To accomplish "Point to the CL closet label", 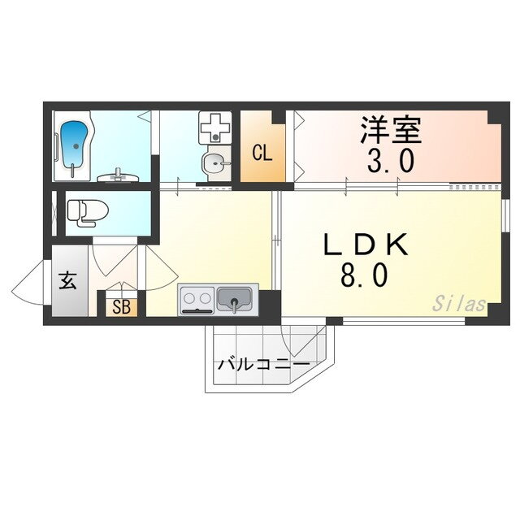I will [x=261, y=151].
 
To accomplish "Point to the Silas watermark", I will [x=459, y=305].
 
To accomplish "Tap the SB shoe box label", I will [x=122, y=307].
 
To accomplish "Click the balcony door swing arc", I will [x=286, y=341].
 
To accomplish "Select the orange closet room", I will [x=262, y=146].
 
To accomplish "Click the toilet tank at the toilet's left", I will [x=71, y=210].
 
